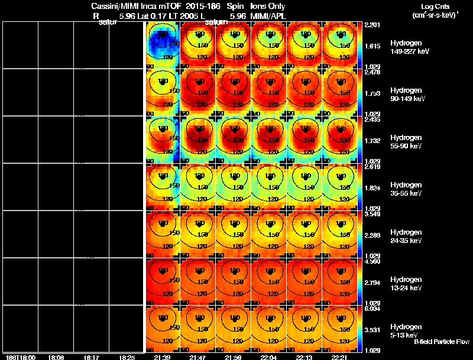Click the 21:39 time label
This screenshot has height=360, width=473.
(162, 357)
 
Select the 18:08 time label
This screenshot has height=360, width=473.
(56, 357)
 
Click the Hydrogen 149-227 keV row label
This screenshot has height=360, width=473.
(409, 47)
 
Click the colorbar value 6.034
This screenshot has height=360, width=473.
(372, 308)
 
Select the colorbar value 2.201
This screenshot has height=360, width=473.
(372, 25)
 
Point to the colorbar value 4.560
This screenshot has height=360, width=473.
(372, 261)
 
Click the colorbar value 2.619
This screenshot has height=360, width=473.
(372, 167)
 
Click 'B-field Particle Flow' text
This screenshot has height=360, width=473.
(441, 342)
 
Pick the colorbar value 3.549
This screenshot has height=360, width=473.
(372, 214)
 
